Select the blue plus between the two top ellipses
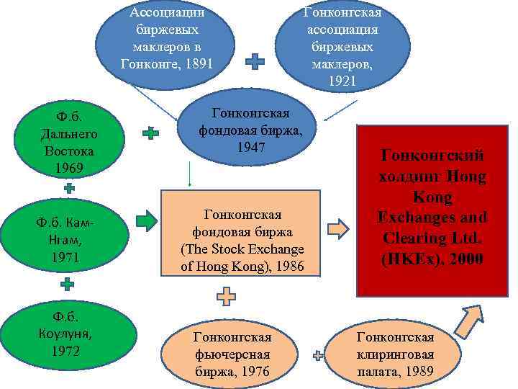click(255, 63)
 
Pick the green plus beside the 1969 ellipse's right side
click(150, 133)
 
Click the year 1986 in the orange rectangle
click(289, 267)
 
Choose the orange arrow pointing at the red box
click(338, 230)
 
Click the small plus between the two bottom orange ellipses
click(317, 354)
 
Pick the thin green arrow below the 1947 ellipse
click(189, 174)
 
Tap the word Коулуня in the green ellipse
click(66, 334)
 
